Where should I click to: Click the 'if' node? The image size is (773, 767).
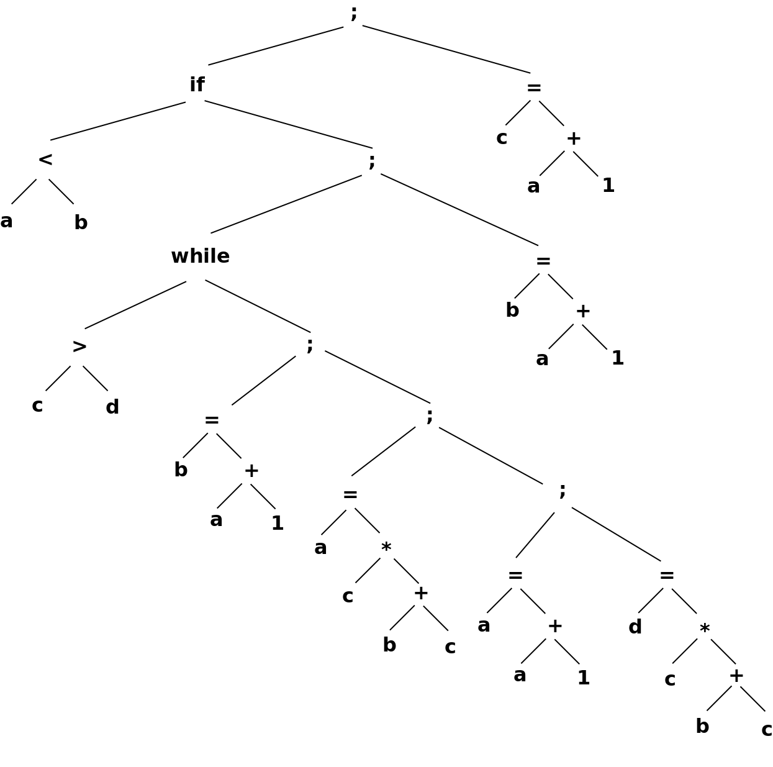(x=197, y=85)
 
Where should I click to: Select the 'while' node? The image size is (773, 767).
(x=200, y=256)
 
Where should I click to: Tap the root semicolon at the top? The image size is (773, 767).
(x=353, y=12)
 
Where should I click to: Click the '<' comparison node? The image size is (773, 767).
(x=45, y=160)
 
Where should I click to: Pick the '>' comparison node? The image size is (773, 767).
(x=79, y=346)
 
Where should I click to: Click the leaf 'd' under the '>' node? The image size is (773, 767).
(x=112, y=407)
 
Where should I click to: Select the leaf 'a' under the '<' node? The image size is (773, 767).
(x=6, y=221)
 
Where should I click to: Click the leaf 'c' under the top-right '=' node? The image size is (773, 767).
(x=501, y=137)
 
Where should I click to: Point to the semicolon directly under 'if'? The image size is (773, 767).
(x=371, y=161)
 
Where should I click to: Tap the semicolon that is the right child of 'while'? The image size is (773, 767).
(x=309, y=344)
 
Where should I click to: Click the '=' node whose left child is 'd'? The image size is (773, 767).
(x=666, y=575)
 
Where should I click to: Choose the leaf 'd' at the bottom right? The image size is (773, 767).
(x=635, y=627)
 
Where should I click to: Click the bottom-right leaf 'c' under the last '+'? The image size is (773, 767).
(x=766, y=729)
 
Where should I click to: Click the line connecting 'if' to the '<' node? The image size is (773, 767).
(x=118, y=121)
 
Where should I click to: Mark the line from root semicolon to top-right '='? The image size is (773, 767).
(x=446, y=49)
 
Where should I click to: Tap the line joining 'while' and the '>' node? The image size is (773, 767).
(x=135, y=305)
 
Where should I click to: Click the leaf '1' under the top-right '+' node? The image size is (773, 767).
(x=608, y=186)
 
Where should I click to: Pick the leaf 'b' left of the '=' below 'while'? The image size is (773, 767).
(x=180, y=470)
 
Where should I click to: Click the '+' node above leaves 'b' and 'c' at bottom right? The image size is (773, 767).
(x=736, y=676)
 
